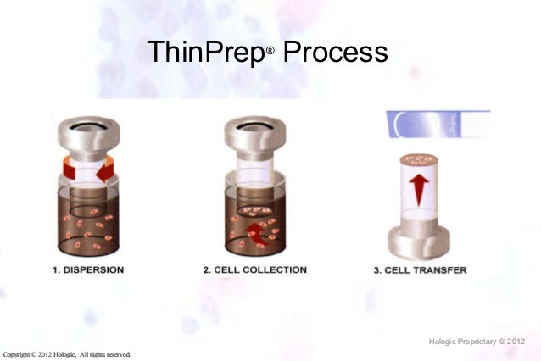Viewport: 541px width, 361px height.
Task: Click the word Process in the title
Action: click(x=335, y=53)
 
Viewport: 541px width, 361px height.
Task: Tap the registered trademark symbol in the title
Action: click(x=270, y=52)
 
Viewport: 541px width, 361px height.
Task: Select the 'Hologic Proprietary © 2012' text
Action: click(x=478, y=342)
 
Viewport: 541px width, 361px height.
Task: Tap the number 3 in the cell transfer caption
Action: click(x=377, y=270)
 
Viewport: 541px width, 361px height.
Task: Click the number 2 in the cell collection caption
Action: click(x=207, y=270)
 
